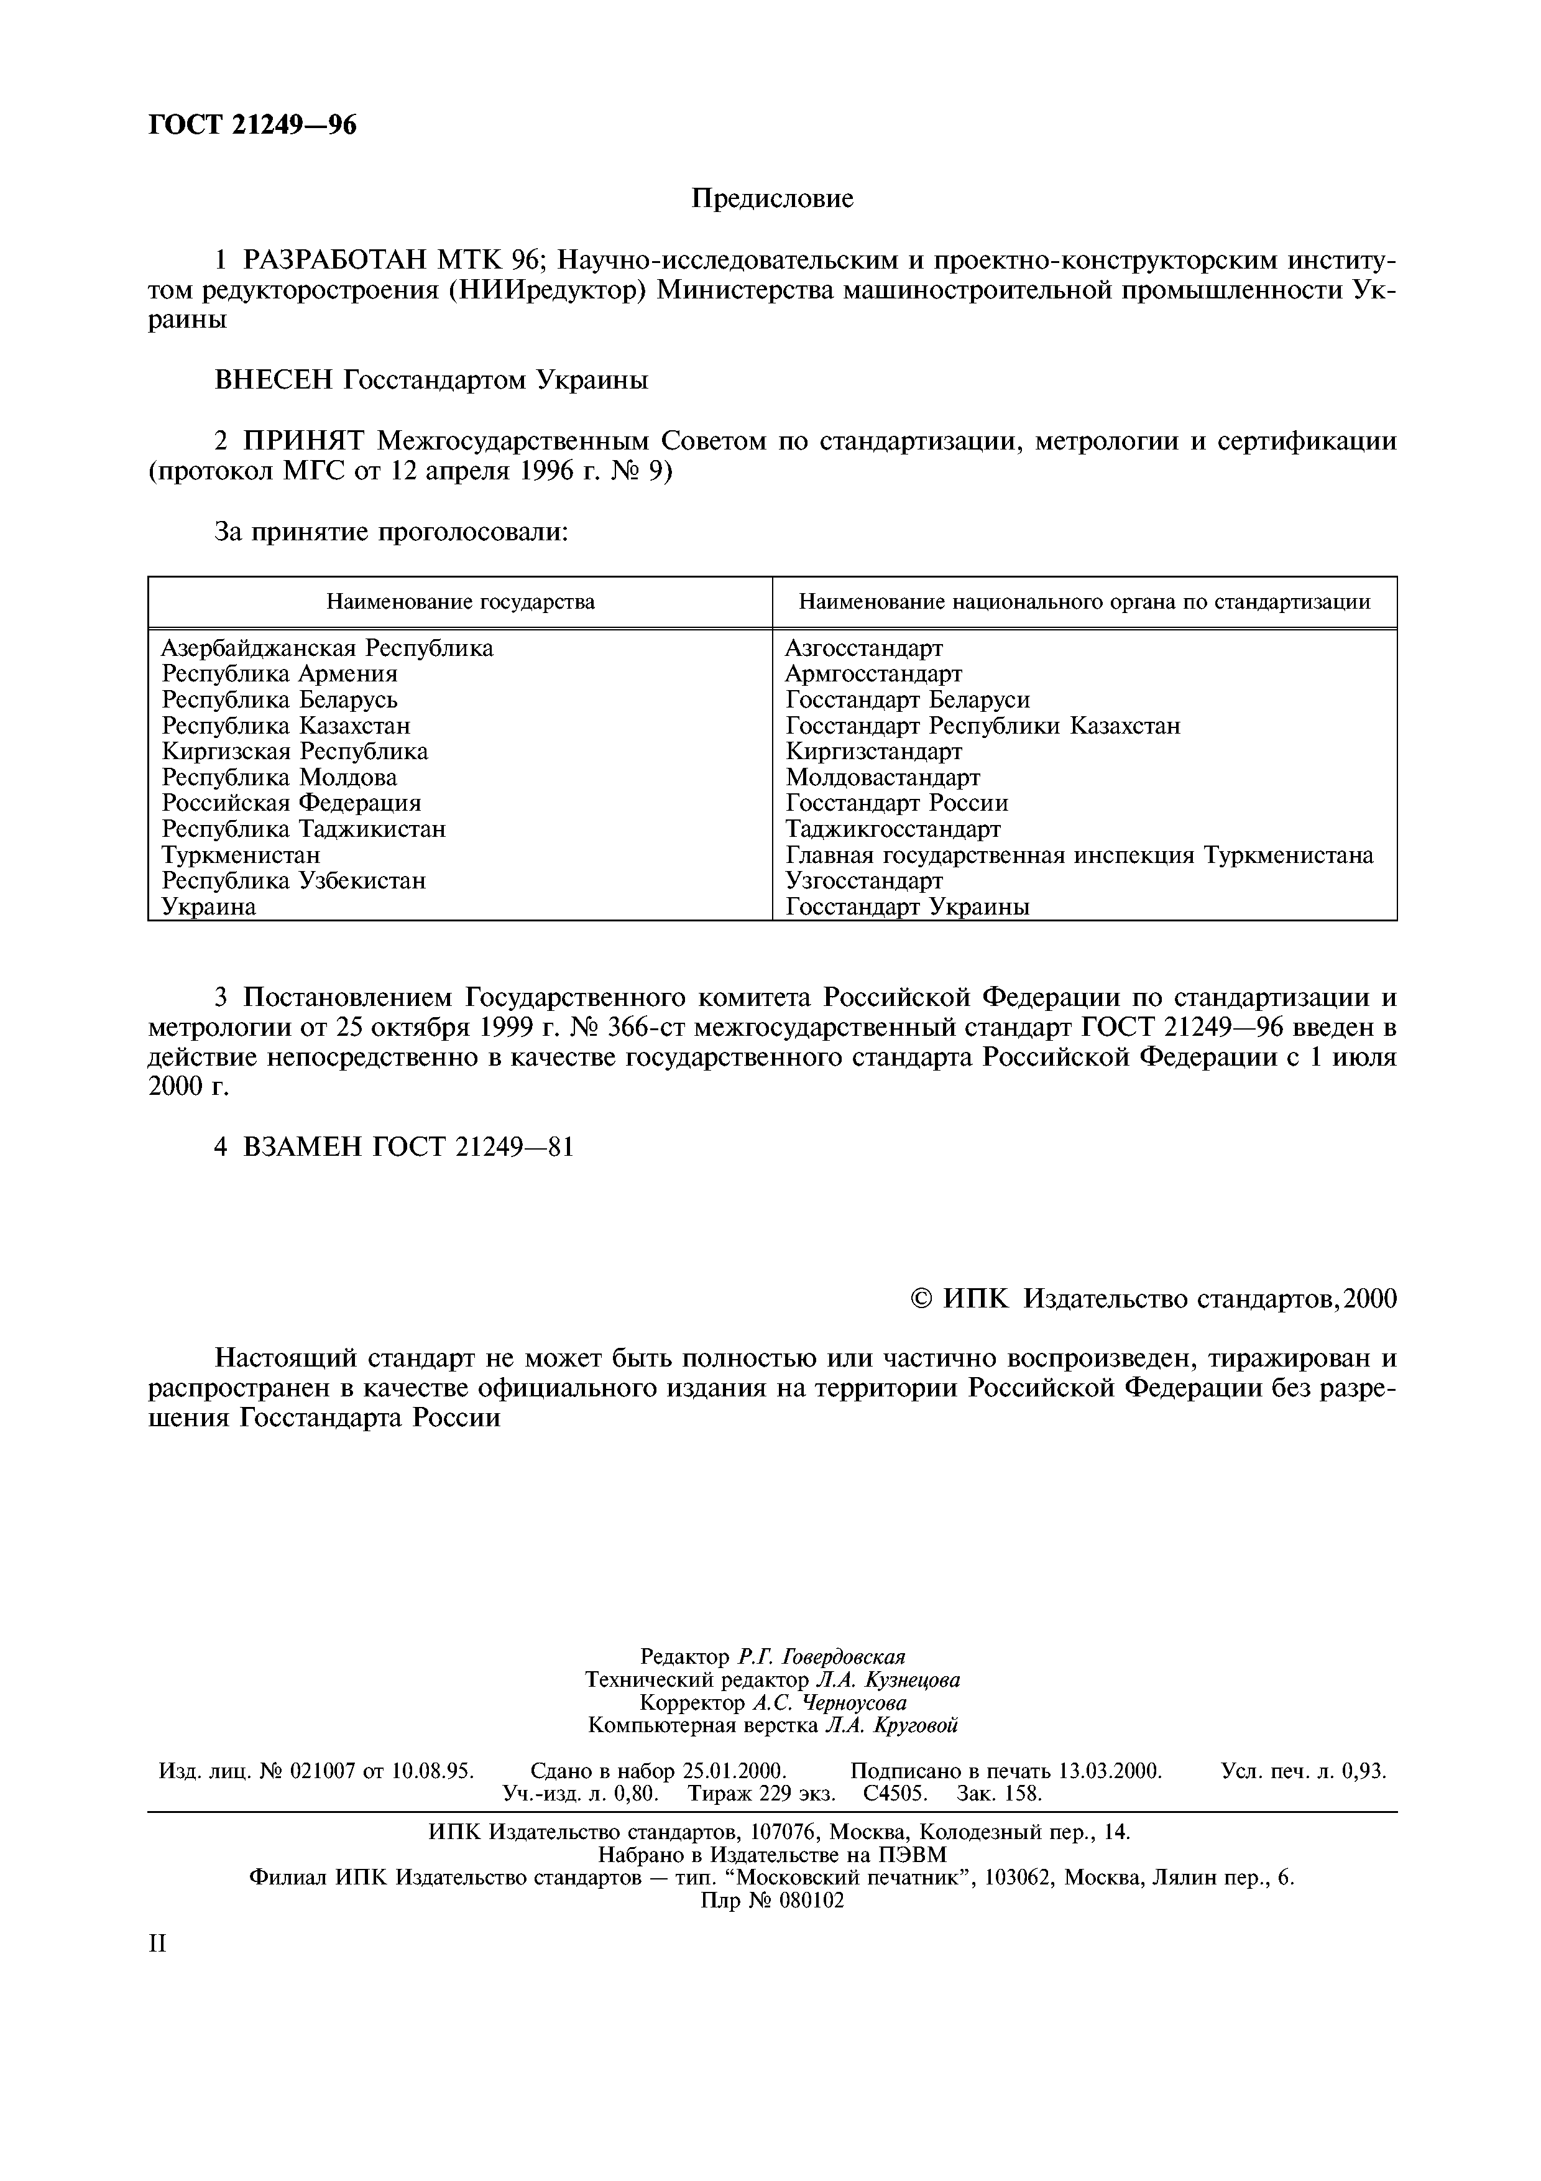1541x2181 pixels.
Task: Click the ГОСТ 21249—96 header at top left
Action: [252, 124]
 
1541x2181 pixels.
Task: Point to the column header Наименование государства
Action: [461, 601]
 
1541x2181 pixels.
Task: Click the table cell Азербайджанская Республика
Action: [328, 648]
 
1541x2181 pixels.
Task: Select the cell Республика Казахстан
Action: [286, 726]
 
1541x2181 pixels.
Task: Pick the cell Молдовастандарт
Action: [882, 777]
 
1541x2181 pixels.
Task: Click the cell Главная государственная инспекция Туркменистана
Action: [1079, 855]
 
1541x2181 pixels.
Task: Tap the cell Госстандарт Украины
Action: [907, 906]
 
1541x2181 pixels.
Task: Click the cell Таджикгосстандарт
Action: [893, 829]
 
